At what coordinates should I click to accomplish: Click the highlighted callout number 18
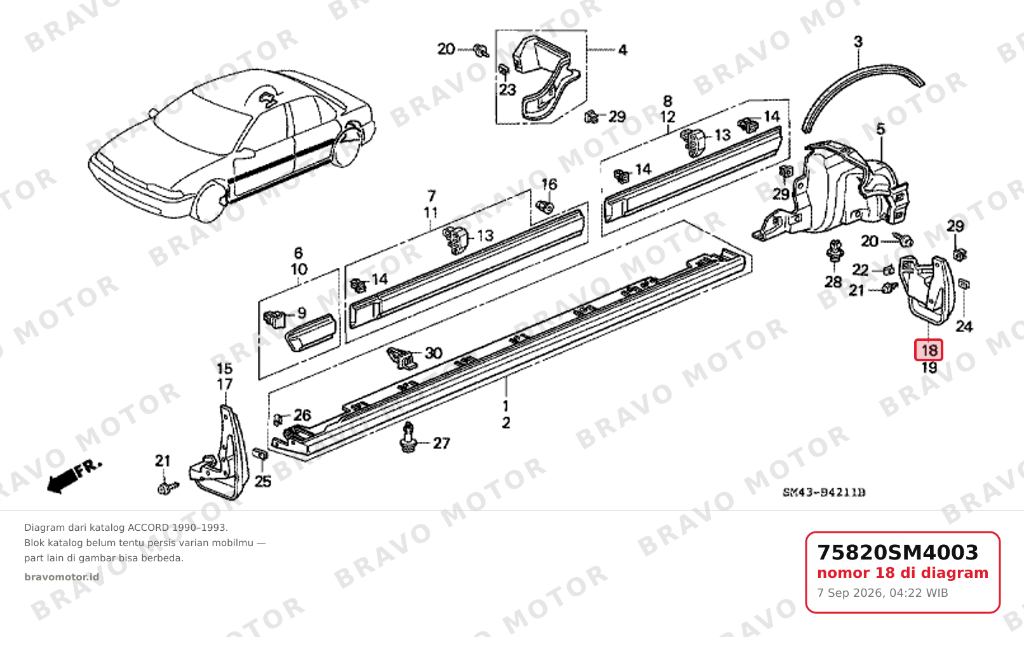coord(929,350)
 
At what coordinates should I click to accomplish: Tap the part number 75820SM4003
coord(898,552)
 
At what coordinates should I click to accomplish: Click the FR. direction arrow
coord(74,476)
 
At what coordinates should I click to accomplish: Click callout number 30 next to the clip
coord(433,352)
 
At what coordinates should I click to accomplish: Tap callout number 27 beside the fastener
coord(441,443)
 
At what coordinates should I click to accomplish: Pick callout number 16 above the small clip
coord(549,184)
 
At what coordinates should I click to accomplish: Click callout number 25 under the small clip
coord(262,481)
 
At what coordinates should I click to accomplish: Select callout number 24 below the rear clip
coord(964,326)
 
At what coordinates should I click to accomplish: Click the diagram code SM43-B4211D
coord(824,493)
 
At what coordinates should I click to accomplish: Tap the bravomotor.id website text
coord(62,577)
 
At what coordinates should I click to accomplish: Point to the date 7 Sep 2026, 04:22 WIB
coord(882,593)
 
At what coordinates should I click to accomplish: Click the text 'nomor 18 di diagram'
coord(903,573)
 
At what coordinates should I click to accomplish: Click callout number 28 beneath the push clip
coord(833,282)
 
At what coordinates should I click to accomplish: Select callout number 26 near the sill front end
coord(302,415)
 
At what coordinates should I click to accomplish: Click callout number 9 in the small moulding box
coord(302,313)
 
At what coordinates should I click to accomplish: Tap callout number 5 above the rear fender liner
coord(880,130)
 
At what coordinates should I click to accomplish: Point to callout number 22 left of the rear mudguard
coord(860,270)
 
